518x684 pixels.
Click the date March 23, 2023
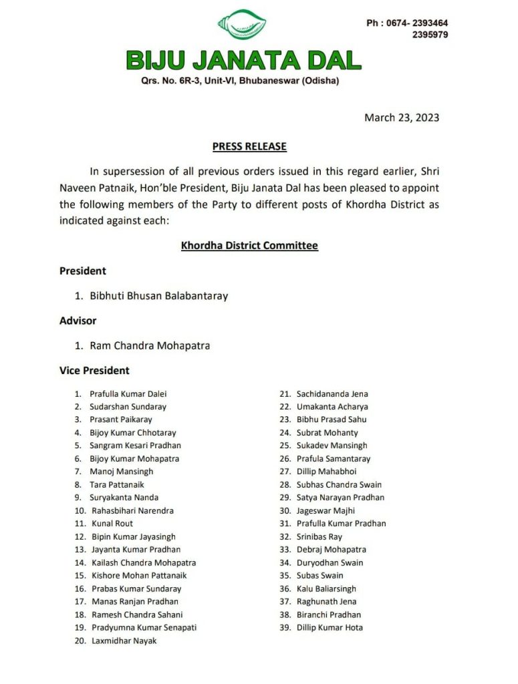tap(402, 118)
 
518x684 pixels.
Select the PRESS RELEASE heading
tap(249, 146)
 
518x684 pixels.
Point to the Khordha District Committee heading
tap(249, 246)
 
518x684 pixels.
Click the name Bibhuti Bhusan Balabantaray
tap(158, 295)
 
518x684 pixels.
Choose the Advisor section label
tap(78, 321)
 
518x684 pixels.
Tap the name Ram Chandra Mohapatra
tap(150, 345)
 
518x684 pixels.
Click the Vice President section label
tap(94, 370)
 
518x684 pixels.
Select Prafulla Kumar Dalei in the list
tap(128, 394)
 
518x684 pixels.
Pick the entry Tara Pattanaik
tap(117, 484)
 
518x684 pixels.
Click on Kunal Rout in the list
tap(112, 524)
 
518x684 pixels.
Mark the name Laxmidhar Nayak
tap(124, 641)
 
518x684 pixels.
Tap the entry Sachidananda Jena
tap(332, 394)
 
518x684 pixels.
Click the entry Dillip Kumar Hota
tap(330, 627)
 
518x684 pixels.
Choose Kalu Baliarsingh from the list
tap(327, 588)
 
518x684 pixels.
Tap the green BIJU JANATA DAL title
tap(244, 61)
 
